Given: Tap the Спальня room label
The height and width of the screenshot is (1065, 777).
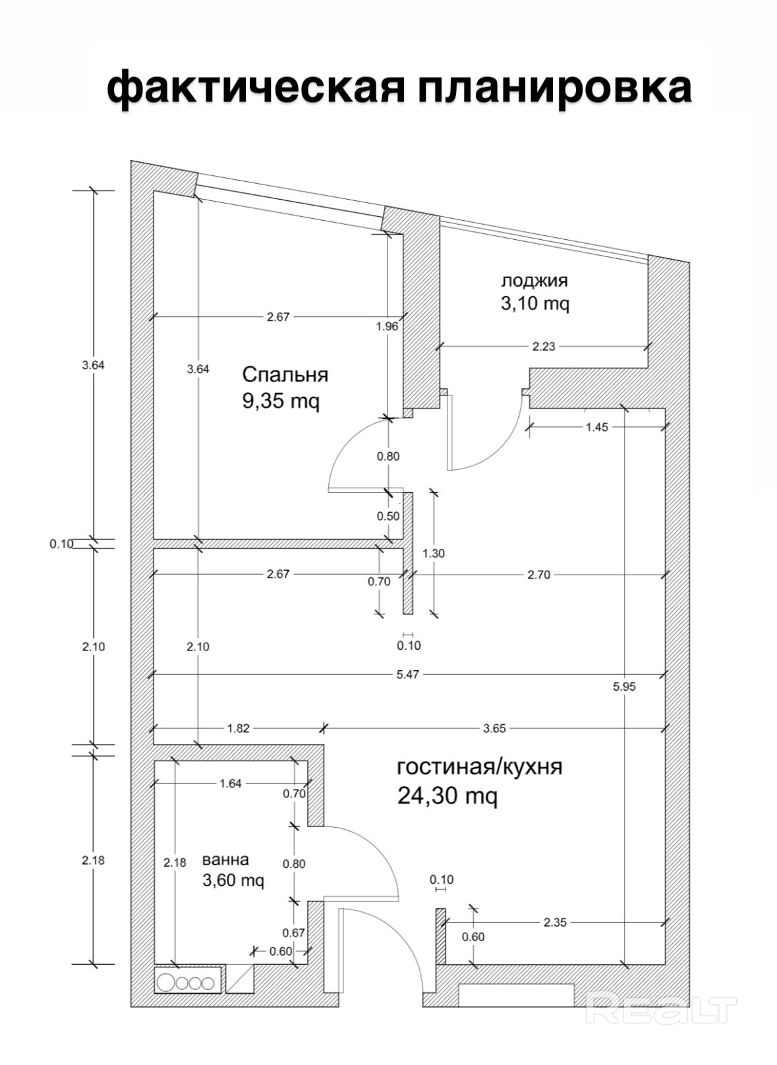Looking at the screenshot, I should pos(285,374).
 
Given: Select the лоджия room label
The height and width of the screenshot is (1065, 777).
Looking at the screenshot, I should pos(534,280).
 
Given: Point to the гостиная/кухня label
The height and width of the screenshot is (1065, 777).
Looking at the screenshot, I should pos(480,767).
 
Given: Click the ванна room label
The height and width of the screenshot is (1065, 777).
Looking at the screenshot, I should pos(225,859).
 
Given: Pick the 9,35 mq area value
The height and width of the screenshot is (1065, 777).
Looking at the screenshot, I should pos(281,401).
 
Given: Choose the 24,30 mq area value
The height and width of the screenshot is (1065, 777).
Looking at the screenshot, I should pos(447,796).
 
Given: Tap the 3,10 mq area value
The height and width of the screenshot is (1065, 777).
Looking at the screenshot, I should pos(535,304).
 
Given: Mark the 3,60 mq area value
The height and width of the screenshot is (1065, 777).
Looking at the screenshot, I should pos(233,880).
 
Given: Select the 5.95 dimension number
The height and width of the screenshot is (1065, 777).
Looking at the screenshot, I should pos(624,686).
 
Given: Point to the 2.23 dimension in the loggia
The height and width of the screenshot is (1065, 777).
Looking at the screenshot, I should pos(544,346).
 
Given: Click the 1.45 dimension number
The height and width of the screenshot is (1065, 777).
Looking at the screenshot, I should pos(596,427).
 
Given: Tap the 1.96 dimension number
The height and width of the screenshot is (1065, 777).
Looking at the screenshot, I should pos(387,326).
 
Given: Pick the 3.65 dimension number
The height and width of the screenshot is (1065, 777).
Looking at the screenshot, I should pos(494,728).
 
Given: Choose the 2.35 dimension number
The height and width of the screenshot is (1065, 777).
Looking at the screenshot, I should pos(555,923).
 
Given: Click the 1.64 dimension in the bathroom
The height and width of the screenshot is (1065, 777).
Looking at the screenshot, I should pos(231,784).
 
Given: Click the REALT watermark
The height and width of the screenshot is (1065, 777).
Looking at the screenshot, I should pos(660,1009).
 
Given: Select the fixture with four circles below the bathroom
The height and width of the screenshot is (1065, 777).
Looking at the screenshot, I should pos(187,983).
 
